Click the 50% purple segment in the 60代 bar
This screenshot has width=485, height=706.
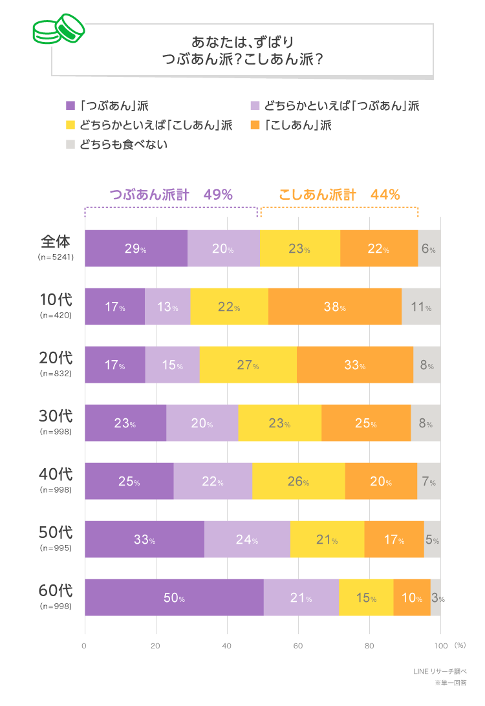[x=174, y=597]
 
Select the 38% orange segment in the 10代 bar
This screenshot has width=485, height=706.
[x=335, y=306]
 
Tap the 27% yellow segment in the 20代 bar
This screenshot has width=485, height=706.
[x=248, y=365]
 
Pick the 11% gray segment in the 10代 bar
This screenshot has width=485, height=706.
[x=421, y=306]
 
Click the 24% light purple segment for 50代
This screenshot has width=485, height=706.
[x=247, y=539]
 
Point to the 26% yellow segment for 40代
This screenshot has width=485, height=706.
[x=298, y=481]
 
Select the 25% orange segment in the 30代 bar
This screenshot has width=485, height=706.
[x=366, y=423]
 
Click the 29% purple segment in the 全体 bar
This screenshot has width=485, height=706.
[x=136, y=248]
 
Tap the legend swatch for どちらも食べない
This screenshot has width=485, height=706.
[x=71, y=144]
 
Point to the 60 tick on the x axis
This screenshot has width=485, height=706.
[x=298, y=645]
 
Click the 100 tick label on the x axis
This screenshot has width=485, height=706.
[x=440, y=645]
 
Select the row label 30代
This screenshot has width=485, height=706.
[x=56, y=416]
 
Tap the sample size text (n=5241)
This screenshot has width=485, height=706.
[x=56, y=257]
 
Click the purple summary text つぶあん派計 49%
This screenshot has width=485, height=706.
[x=171, y=195]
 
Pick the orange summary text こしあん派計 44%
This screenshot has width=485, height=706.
[x=339, y=195]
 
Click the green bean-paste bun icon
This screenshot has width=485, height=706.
[x=59, y=30]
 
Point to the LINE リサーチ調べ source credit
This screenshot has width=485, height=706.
[x=440, y=671]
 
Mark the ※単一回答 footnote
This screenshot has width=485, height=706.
[x=450, y=683]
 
